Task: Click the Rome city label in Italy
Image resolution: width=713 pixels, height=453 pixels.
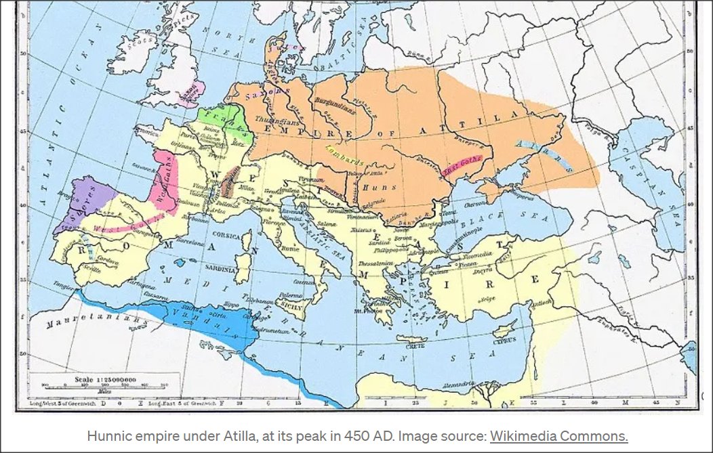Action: [x=293, y=248]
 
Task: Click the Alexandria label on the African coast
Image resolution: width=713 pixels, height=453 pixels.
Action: [x=459, y=384]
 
